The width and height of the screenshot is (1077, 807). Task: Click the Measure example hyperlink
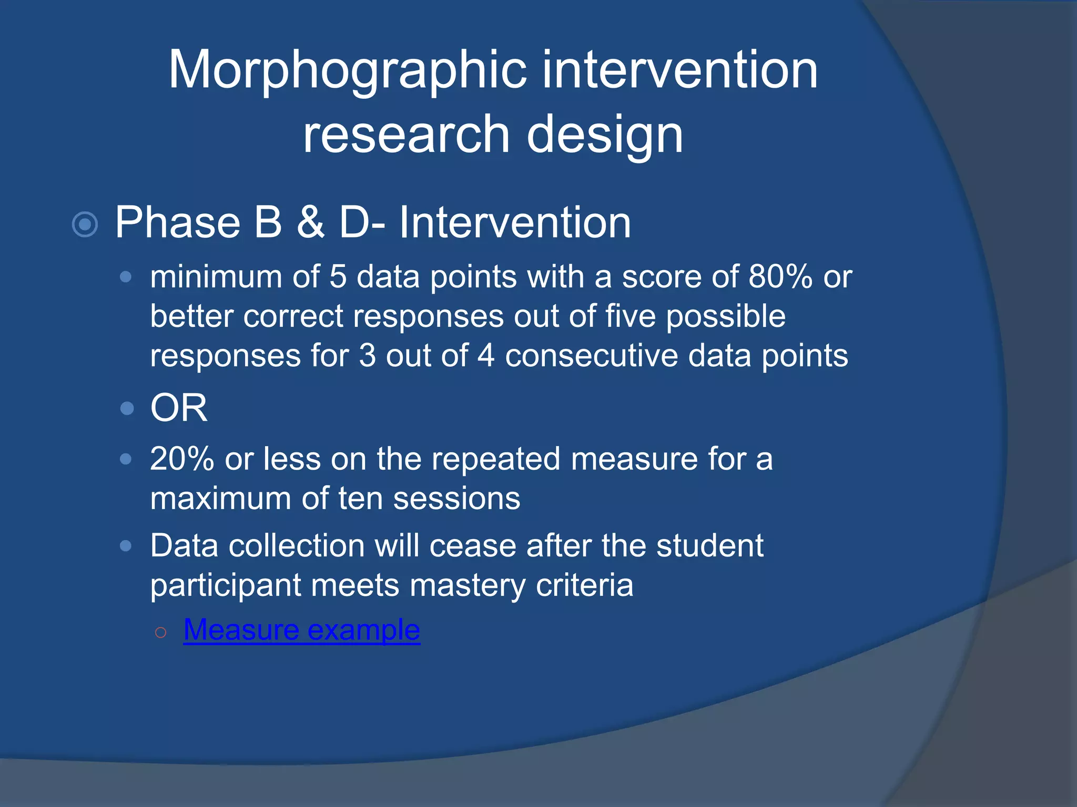pyautogui.click(x=301, y=629)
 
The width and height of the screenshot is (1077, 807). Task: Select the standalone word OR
pyautogui.click(x=179, y=408)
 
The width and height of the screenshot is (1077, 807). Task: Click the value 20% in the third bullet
pyautogui.click(x=181, y=459)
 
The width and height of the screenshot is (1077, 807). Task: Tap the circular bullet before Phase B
pyautogui.click(x=85, y=225)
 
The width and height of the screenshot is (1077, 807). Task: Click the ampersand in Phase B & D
pyautogui.click(x=310, y=223)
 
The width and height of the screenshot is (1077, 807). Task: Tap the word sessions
pyautogui.click(x=456, y=499)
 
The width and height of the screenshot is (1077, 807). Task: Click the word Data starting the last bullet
pyautogui.click(x=184, y=546)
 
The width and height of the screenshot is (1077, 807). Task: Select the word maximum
pyautogui.click(x=220, y=499)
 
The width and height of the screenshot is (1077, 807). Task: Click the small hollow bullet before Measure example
pyautogui.click(x=161, y=633)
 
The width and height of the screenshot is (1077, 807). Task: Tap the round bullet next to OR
pyautogui.click(x=127, y=408)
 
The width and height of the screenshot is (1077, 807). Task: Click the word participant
pyautogui.click(x=225, y=585)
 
